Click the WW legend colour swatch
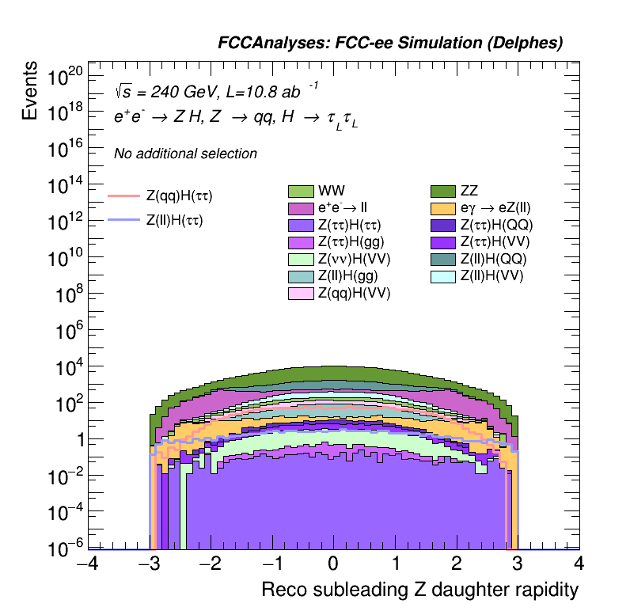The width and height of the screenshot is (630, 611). point(302,191)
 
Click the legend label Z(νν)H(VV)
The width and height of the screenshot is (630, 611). point(354,259)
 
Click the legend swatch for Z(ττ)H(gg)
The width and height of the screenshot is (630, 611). point(302,242)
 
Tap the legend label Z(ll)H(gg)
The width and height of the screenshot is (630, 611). point(347,276)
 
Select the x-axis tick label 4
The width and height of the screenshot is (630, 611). point(579,564)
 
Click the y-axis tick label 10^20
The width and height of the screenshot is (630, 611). point(65,78)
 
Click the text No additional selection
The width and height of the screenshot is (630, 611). point(185,154)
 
